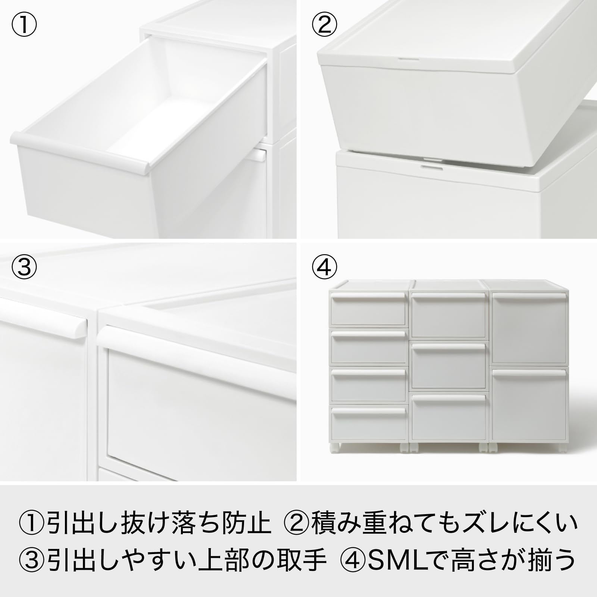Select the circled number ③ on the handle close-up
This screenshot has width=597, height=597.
click(x=24, y=268)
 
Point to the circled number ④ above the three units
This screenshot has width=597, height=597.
click(x=324, y=268)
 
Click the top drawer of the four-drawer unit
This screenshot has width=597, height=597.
click(x=369, y=309)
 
